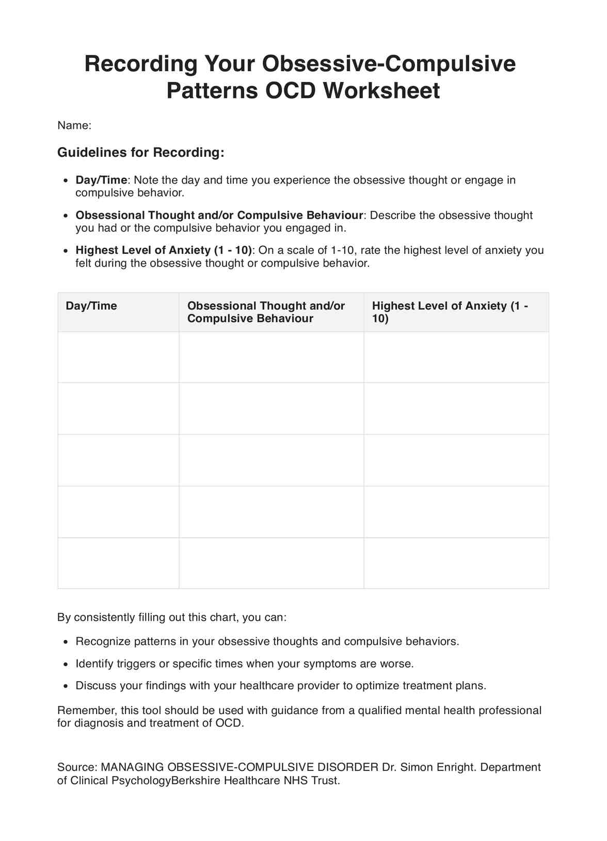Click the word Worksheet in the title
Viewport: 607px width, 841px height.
pyautogui.click(x=381, y=91)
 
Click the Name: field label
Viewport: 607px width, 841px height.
pyautogui.click(x=74, y=125)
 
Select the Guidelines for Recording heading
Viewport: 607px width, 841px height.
pyautogui.click(x=140, y=152)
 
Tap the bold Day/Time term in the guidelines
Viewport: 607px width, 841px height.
pyautogui.click(x=101, y=180)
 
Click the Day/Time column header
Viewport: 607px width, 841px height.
pyautogui.click(x=91, y=306)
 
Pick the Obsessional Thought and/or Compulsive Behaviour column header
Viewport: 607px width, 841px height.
pyautogui.click(x=266, y=312)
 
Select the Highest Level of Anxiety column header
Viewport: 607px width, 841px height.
pyautogui.click(x=450, y=312)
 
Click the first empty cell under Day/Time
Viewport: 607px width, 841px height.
pyautogui.click(x=118, y=357)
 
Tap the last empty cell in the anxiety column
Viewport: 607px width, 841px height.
pyautogui.click(x=456, y=563)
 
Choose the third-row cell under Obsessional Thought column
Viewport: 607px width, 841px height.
pyautogui.click(x=271, y=460)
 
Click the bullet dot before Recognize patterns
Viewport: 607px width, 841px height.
pyautogui.click(x=65, y=642)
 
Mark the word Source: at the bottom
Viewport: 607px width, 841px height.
pyautogui.click(x=77, y=767)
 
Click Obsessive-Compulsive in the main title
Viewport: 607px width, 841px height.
pyautogui.click(x=389, y=64)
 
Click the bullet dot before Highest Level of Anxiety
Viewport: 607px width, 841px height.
pyautogui.click(x=65, y=251)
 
